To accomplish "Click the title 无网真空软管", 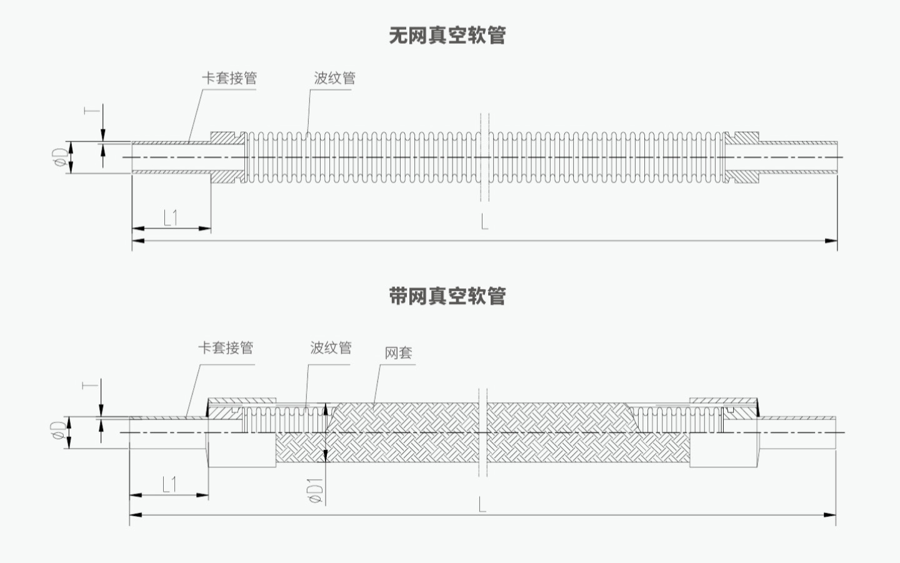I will (447, 36).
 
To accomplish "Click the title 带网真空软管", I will (447, 295).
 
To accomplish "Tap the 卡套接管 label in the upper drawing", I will (229, 78).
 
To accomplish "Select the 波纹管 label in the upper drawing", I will (334, 78).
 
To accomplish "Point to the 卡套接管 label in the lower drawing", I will (226, 348).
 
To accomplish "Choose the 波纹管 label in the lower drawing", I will (331, 348).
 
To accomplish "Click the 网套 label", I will (398, 353).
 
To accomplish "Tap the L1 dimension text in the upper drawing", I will (170, 218).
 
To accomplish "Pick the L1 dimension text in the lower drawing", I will (169, 485).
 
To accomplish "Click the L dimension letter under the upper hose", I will (484, 221).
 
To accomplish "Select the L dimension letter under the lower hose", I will (482, 505).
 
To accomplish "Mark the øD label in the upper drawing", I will (60, 157).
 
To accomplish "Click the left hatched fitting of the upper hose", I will (226, 157).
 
